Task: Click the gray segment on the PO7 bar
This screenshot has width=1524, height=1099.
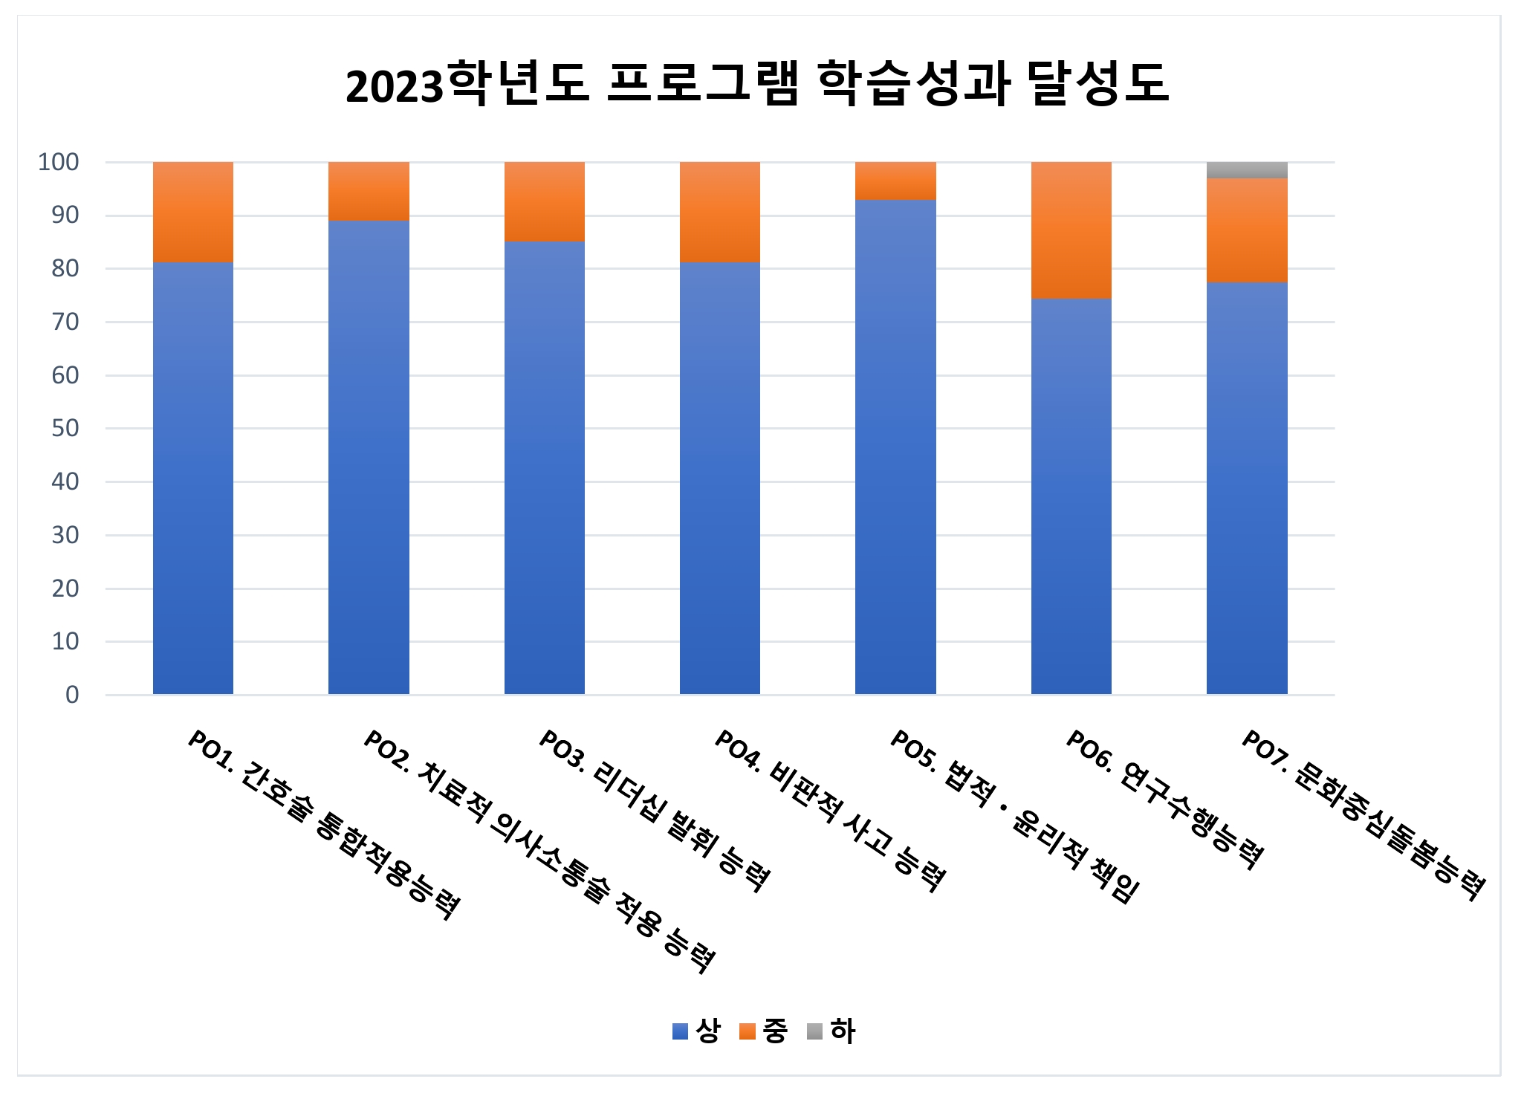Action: click(x=1246, y=170)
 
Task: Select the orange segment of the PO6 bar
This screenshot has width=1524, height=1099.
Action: click(x=1071, y=230)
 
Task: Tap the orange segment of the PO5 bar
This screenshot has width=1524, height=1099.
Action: click(x=895, y=181)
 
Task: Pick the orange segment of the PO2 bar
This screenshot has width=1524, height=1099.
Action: click(x=369, y=192)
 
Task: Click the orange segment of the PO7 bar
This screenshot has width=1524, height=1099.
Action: click(x=1246, y=230)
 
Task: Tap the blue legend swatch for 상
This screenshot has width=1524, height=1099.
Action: click(x=680, y=1031)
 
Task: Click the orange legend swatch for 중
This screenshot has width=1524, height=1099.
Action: click(x=748, y=1031)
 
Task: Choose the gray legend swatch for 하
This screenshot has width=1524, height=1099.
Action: click(x=815, y=1031)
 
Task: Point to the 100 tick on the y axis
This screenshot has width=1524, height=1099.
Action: click(x=59, y=162)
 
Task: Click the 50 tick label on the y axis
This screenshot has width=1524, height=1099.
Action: click(x=65, y=428)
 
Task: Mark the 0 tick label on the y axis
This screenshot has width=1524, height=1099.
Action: click(x=72, y=695)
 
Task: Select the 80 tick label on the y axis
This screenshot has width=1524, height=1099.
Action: click(x=65, y=268)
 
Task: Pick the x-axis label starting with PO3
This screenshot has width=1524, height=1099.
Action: click(x=655, y=810)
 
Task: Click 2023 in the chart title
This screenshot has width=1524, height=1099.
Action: click(x=394, y=86)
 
